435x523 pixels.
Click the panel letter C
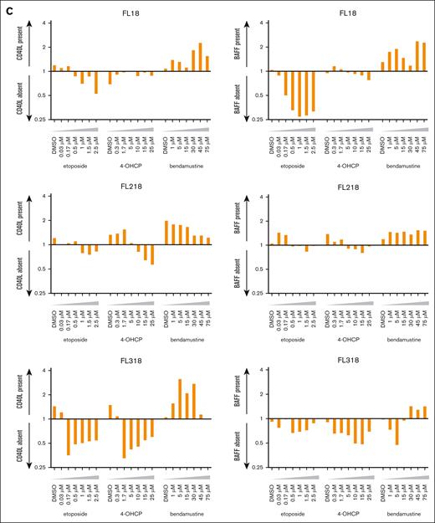pos(7,6)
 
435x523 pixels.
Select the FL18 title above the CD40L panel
pos(130,14)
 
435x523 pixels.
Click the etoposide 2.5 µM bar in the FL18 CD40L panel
pos(96,82)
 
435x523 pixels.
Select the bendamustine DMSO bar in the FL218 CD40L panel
pos(166,233)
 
